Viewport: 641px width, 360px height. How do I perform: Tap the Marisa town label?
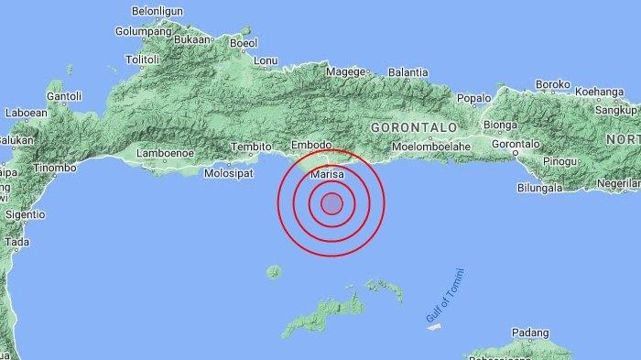pos(327,172)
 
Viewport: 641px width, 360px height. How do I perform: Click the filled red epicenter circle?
pos(331,202)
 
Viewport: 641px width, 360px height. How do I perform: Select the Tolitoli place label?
pos(142,60)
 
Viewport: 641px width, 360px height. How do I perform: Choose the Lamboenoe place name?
pos(165,153)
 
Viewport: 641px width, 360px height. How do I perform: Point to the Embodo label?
pos(310,146)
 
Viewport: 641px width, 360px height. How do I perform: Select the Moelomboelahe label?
pos(430,146)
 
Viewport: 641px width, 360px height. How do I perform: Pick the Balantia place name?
pos(408,72)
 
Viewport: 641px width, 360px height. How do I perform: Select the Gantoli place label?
pos(64,95)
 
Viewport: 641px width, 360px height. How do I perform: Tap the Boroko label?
pos(552,84)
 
